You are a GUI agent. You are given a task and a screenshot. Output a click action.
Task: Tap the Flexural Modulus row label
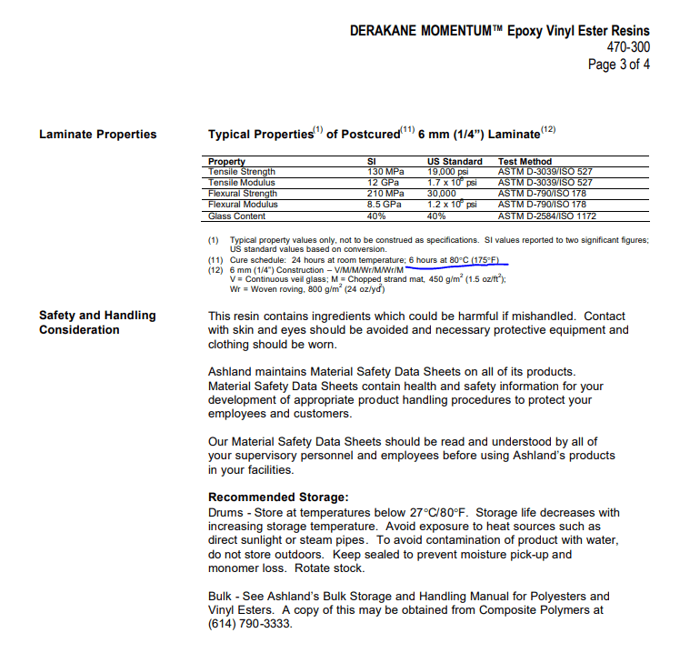click(x=241, y=205)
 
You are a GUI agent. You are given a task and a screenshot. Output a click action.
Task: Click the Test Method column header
click(x=525, y=161)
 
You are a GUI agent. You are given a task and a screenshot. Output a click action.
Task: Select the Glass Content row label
click(x=236, y=216)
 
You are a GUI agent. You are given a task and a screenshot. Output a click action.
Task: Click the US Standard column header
click(x=455, y=161)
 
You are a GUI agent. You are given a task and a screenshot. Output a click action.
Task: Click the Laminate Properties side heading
click(x=97, y=135)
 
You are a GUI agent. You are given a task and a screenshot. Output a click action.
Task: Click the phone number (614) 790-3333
click(x=251, y=624)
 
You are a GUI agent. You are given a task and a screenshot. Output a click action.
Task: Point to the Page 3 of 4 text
click(x=618, y=65)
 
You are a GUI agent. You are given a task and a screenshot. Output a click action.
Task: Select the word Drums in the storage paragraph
click(x=226, y=512)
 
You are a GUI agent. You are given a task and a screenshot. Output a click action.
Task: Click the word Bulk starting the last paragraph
click(x=222, y=596)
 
